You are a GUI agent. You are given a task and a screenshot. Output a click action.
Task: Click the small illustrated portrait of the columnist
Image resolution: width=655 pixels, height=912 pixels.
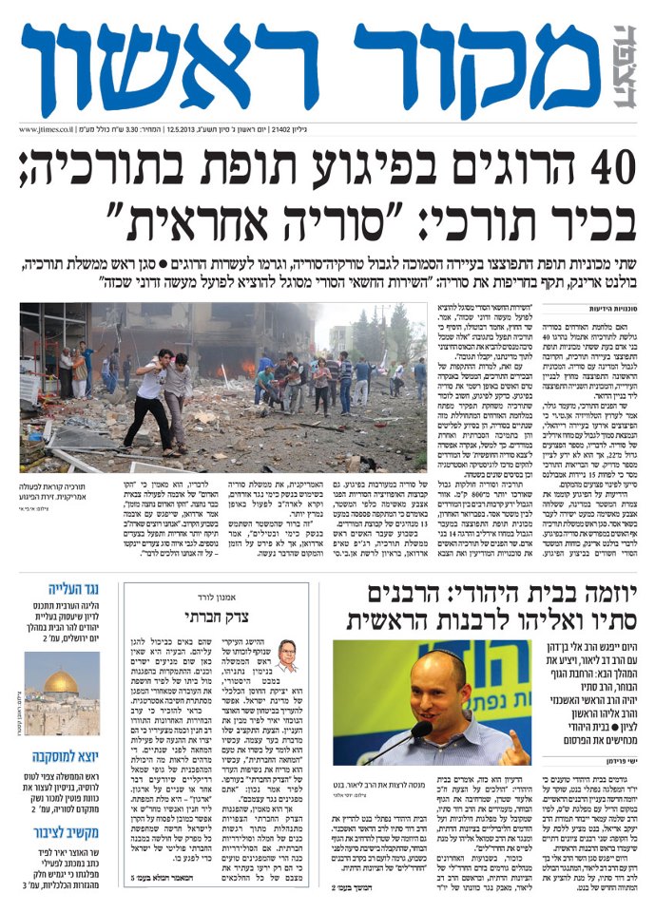[286, 655]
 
